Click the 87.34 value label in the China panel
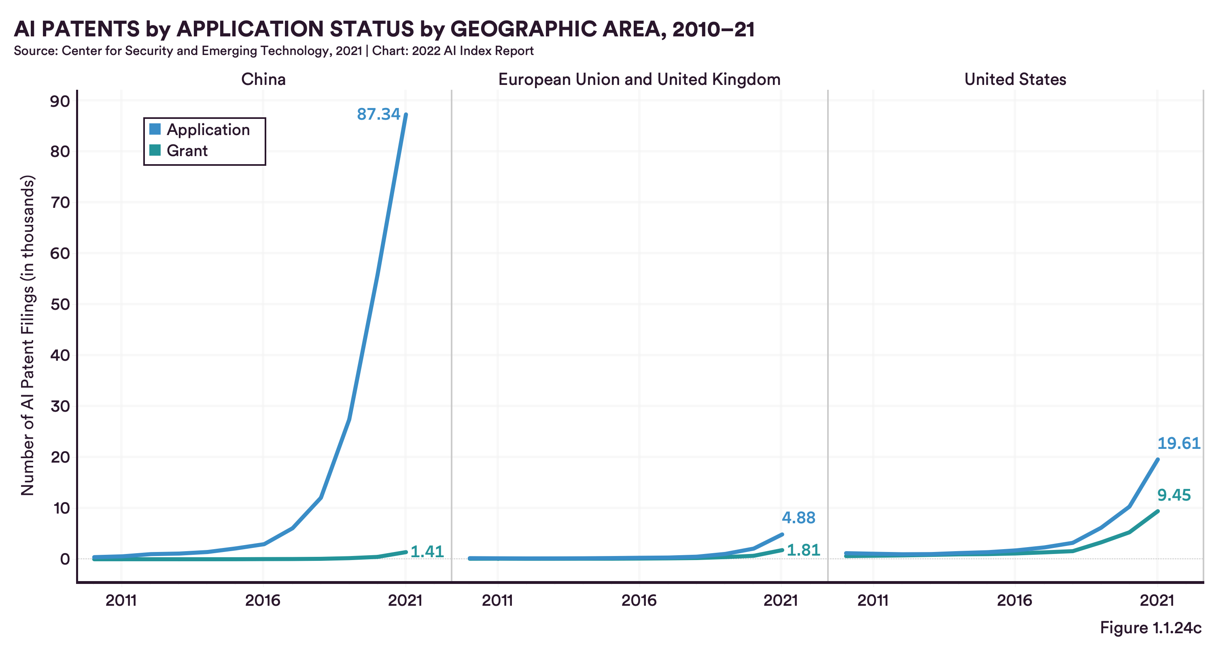point(378,114)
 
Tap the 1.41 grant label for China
point(427,552)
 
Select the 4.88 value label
point(798,518)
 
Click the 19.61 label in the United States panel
point(1179,444)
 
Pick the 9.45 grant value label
point(1174,495)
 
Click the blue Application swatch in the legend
point(155,129)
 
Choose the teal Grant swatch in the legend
point(155,150)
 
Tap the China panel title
point(263,79)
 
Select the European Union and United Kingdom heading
point(639,79)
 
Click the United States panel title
point(1015,79)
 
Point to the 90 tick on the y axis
point(60,101)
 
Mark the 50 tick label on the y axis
point(60,304)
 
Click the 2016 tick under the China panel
point(263,600)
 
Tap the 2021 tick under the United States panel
point(1157,600)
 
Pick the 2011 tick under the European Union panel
point(497,600)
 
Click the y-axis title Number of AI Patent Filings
point(28,335)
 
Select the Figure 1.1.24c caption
point(1150,628)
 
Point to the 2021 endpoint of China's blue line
point(406,114)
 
